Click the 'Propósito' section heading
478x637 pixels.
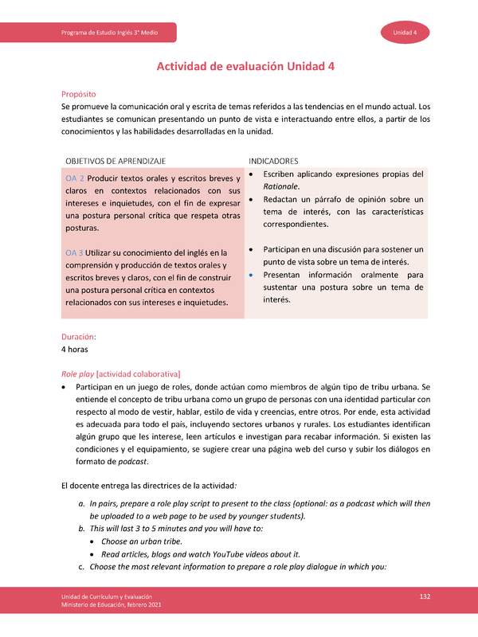[81, 94]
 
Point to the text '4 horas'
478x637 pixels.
[74, 350]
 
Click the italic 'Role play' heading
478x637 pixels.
[77, 373]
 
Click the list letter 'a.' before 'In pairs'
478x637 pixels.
[81, 503]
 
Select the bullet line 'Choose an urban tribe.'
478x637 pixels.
[144, 541]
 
